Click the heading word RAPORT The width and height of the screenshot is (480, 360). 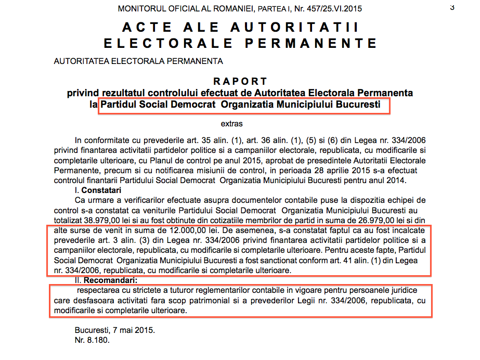point(240,82)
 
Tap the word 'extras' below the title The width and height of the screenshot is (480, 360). point(231,124)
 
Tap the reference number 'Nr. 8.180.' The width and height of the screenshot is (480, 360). point(92,340)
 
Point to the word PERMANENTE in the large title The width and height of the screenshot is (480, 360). point(313,43)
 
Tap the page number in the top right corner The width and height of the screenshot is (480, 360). point(451,7)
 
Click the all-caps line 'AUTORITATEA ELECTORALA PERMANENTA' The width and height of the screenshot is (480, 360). point(138,61)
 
